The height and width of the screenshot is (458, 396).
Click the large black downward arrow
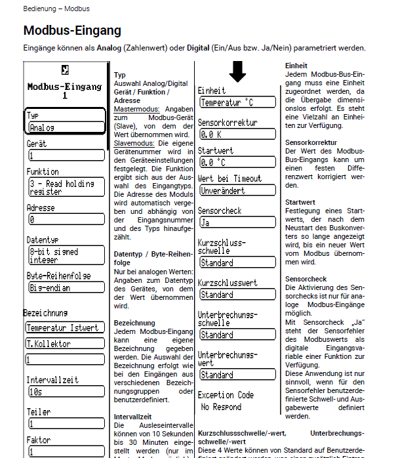237,72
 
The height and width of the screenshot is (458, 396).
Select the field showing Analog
66,127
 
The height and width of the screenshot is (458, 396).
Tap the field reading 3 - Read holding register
66,187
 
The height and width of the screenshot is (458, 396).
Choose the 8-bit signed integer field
66,255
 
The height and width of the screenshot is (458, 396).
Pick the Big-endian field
66,287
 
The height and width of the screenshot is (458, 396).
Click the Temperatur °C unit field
237,102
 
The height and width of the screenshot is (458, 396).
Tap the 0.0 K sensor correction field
237,134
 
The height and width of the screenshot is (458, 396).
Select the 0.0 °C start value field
237,162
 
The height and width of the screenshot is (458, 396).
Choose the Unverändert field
237,190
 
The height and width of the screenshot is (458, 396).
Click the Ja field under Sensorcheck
237,222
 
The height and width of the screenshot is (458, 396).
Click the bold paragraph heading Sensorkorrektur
311,142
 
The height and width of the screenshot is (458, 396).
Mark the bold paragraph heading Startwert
300,201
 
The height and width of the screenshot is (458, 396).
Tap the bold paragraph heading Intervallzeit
132,416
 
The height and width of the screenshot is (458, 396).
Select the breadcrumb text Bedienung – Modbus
56,9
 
